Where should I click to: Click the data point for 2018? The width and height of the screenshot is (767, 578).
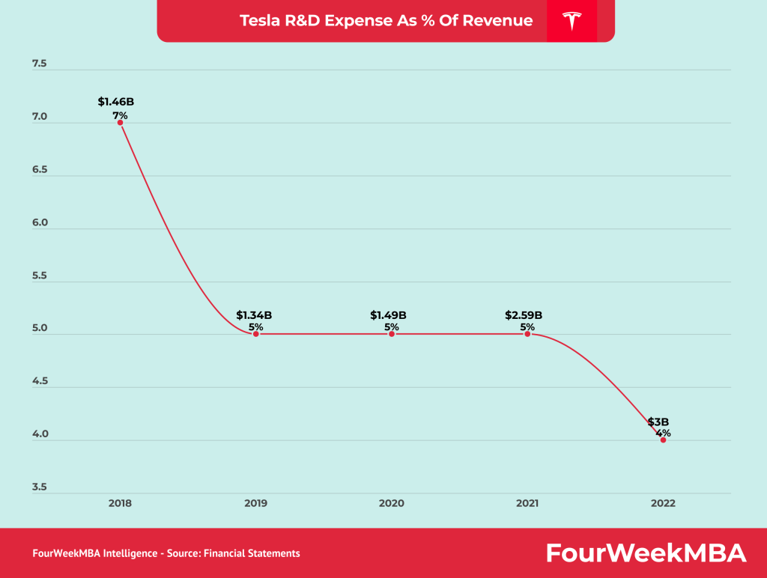[120, 122]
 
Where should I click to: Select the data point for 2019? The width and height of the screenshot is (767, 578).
[255, 334]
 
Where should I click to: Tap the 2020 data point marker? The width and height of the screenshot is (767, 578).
[392, 334]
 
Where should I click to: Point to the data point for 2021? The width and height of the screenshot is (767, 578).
[527, 334]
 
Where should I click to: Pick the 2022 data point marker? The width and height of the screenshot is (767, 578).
[663, 440]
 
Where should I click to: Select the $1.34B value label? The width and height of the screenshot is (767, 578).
[254, 315]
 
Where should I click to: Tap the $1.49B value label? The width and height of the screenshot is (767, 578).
[388, 315]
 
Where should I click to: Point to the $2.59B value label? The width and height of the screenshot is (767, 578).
[524, 315]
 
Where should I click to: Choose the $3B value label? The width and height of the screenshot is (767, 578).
[658, 422]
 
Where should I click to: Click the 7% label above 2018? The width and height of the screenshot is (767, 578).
[120, 115]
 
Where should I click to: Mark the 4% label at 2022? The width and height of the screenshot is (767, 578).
[663, 433]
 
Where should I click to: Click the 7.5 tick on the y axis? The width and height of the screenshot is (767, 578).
[39, 64]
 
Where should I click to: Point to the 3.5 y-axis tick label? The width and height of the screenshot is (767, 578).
[39, 487]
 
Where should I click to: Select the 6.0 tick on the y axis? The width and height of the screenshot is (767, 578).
[39, 223]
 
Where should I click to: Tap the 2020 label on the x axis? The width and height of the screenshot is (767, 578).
[392, 503]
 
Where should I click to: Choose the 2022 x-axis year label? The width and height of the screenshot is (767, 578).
[663, 503]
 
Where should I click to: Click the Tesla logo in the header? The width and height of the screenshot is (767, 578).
[572, 21]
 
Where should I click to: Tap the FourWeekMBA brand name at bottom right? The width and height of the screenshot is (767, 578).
[646, 553]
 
